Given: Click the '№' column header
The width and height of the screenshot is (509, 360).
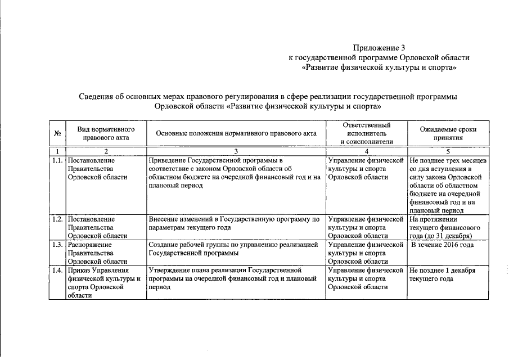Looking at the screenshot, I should point(57,133).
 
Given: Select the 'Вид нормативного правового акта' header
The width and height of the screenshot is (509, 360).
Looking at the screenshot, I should point(106,133).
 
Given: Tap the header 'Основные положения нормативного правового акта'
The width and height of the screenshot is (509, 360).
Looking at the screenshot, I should point(236,133).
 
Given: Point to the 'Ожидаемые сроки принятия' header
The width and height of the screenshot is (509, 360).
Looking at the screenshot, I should point(448,133).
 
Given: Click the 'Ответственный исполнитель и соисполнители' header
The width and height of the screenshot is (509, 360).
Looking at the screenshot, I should point(366,133).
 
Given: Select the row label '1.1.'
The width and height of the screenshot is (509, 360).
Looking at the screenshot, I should point(57,160).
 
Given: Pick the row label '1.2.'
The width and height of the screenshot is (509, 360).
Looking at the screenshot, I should point(57,219).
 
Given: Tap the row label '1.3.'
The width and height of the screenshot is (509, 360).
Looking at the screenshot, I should point(57,245).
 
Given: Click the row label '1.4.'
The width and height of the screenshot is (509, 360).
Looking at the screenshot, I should point(57,271).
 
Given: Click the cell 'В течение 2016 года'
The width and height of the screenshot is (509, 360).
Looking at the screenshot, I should point(443,245).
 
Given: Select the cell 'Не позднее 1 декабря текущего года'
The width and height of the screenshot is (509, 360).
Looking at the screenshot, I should point(443,274).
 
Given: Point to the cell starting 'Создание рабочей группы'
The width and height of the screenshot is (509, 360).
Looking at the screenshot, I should point(233,249).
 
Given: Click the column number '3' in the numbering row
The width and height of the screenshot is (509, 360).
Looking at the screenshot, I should point(236,151).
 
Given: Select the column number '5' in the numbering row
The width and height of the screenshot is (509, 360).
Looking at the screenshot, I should point(448,151).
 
